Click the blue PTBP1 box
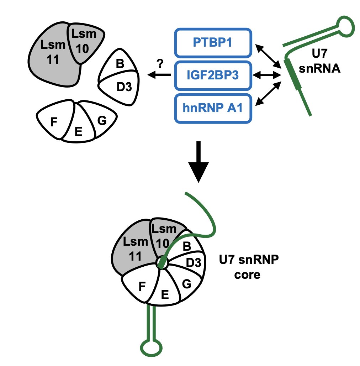click(x=213, y=43)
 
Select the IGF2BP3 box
click(x=213, y=75)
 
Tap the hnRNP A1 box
click(x=213, y=108)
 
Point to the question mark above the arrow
click(x=160, y=64)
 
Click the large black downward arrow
click(x=198, y=162)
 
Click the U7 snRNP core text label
click(x=248, y=270)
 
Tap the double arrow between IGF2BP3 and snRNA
click(x=267, y=75)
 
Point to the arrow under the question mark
click(x=159, y=75)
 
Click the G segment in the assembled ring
click(x=186, y=284)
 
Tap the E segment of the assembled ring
click(x=164, y=294)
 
